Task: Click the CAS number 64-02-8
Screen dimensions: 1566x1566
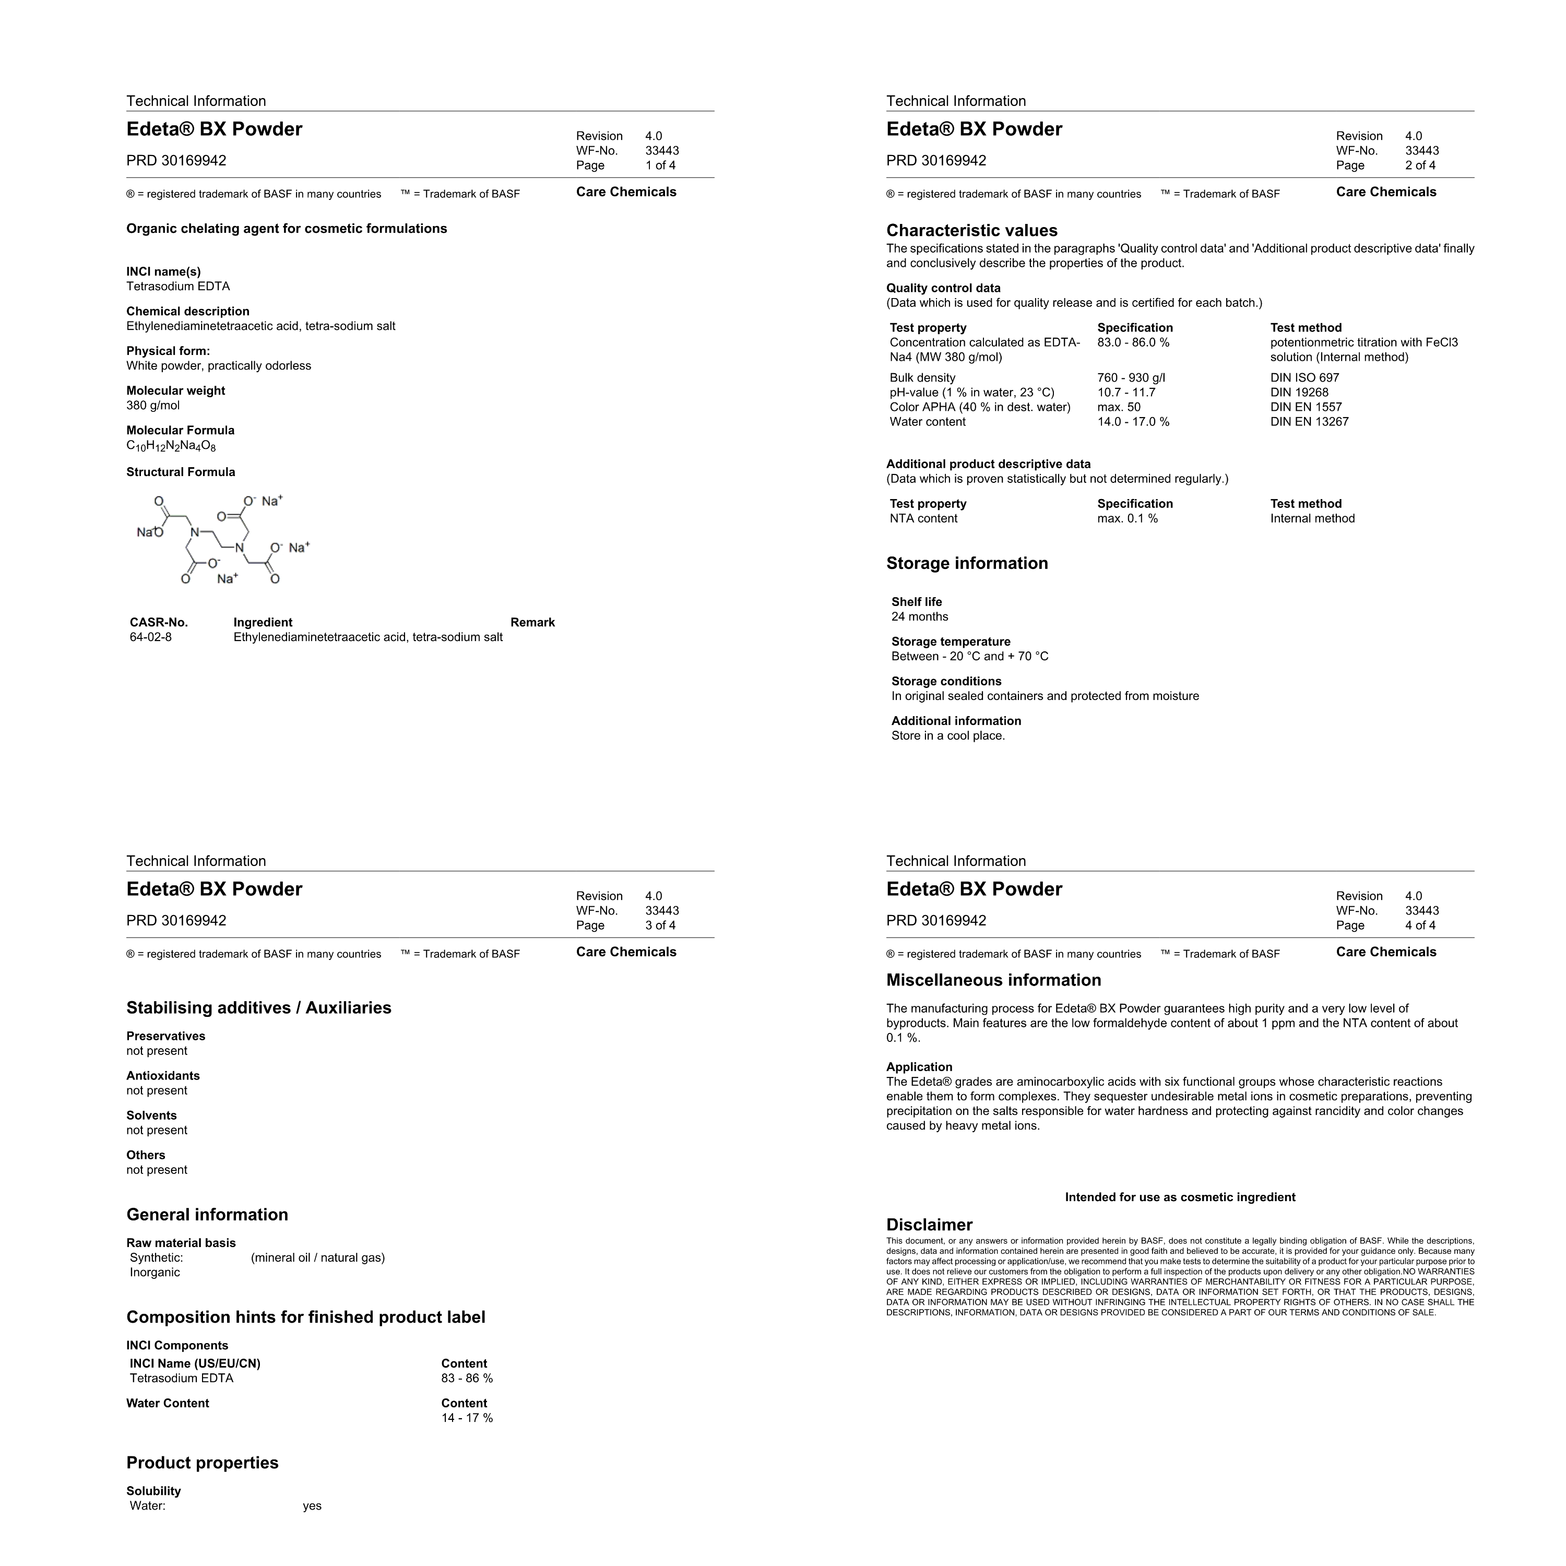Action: [x=151, y=637]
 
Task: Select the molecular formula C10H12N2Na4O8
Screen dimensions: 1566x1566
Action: [x=171, y=446]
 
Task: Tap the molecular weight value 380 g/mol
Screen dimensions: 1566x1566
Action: [x=153, y=405]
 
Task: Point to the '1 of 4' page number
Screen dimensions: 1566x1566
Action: [x=661, y=165]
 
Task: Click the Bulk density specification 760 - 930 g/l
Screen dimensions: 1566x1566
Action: [x=1132, y=378]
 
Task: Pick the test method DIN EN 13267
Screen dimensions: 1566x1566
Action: [x=1309, y=421]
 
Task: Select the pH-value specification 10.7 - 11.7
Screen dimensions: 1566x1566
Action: [x=1126, y=393]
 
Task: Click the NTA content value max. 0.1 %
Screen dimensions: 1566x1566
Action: [x=1128, y=519]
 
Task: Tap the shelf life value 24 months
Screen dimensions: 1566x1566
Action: [x=920, y=617]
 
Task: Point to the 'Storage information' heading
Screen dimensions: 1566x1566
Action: [x=967, y=563]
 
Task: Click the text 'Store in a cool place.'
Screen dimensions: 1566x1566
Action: [x=948, y=736]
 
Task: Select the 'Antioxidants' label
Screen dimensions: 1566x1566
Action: [x=163, y=1076]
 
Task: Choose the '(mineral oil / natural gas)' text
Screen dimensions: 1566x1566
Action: [x=318, y=1258]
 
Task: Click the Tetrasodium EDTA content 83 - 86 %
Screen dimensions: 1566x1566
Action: [x=467, y=1379]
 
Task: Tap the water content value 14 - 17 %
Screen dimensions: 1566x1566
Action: [x=467, y=1418]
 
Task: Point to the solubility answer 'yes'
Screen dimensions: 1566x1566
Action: [x=312, y=1506]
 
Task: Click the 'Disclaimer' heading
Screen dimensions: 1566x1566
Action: [x=929, y=1225]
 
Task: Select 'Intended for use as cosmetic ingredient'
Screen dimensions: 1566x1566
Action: [x=1180, y=1197]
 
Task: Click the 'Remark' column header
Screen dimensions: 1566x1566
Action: [x=532, y=623]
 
